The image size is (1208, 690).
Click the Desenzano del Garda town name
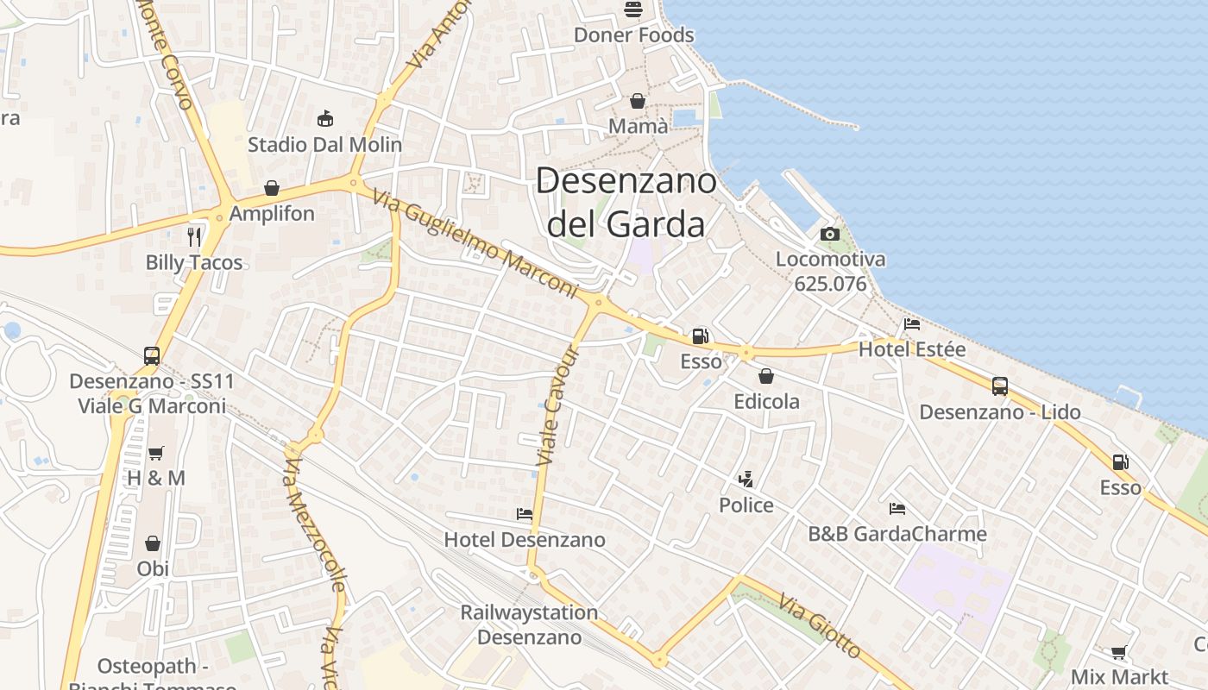pyautogui.click(x=626, y=203)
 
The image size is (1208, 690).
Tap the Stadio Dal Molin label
pyautogui.click(x=324, y=144)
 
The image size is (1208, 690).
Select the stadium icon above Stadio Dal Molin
pyautogui.click(x=325, y=118)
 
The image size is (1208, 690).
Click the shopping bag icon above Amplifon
pyautogui.click(x=272, y=188)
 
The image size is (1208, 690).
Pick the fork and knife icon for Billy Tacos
pyautogui.click(x=194, y=236)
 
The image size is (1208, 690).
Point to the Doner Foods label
pyautogui.click(x=633, y=35)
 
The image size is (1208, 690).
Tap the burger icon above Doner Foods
pyautogui.click(x=633, y=9)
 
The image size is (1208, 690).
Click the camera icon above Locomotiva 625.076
pyautogui.click(x=829, y=234)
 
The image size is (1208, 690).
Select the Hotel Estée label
pyautogui.click(x=912, y=350)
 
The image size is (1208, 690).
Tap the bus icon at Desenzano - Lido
pyautogui.click(x=1000, y=386)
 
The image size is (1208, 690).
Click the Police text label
pyautogui.click(x=746, y=505)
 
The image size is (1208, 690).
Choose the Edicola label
pyautogui.click(x=766, y=401)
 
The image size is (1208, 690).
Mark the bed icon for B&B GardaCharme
pyautogui.click(x=897, y=509)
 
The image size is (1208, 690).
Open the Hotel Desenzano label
pyautogui.click(x=525, y=540)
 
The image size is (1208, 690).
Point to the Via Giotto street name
pyautogui.click(x=820, y=626)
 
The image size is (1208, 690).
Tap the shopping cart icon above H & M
pyautogui.click(x=156, y=453)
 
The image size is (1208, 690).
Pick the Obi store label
pyautogui.click(x=153, y=568)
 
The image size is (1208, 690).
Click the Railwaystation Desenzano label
pyautogui.click(x=529, y=625)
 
